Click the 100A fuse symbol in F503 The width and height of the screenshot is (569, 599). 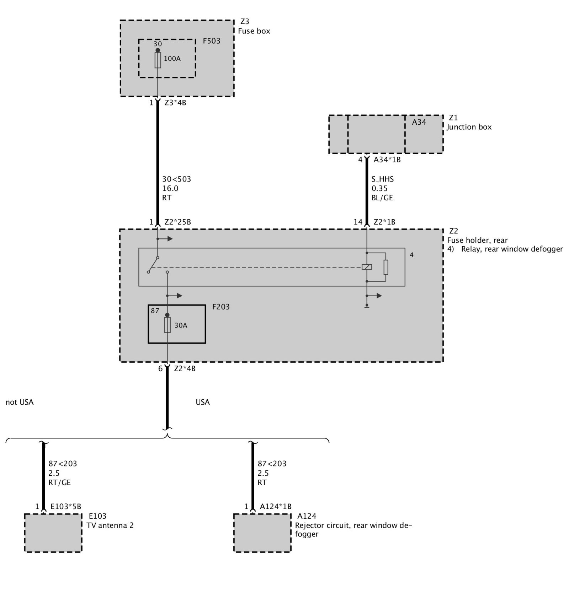158,60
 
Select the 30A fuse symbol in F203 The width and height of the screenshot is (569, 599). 167,325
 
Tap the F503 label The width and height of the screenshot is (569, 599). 212,41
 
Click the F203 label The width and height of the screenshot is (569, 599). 221,307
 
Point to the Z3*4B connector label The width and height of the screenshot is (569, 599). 175,103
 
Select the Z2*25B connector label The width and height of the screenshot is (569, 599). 177,222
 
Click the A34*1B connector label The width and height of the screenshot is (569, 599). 387,160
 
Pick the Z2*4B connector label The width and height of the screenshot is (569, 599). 185,369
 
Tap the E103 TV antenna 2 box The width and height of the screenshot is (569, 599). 53,533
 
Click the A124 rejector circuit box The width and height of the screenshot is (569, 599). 262,533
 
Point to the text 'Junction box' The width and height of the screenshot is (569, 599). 469,127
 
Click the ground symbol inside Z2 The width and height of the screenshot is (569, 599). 367,306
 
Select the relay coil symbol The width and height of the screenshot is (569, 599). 367,267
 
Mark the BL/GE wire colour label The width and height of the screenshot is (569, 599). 382,198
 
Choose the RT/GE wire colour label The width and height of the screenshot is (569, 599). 60,482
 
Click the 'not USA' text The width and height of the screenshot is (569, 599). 20,402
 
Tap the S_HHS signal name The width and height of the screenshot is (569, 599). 383,179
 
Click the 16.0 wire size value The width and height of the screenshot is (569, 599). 170,188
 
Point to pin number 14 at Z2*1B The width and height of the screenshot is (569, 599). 358,222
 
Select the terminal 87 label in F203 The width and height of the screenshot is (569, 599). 155,311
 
